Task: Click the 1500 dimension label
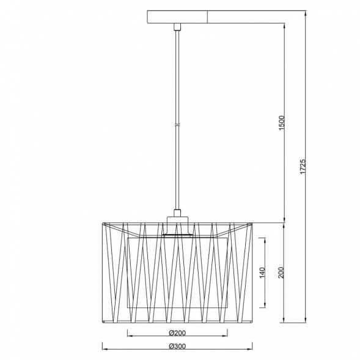(x=282, y=123)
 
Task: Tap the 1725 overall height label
(x=303, y=166)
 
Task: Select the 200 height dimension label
(x=281, y=273)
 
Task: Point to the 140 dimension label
(x=262, y=273)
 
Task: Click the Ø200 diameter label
(x=177, y=332)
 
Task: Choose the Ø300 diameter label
(x=177, y=346)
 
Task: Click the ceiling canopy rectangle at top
(x=177, y=17)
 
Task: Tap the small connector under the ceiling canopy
(x=177, y=27)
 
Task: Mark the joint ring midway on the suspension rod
(x=177, y=125)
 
